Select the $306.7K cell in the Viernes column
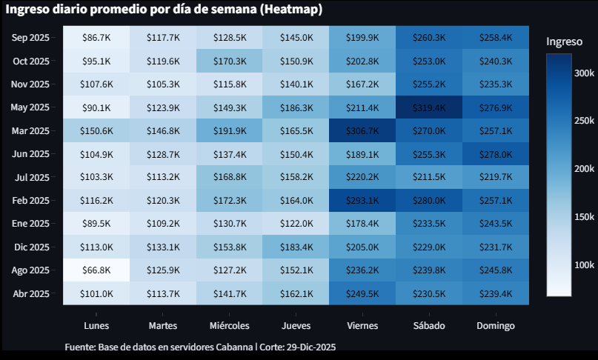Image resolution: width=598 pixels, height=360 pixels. click(362, 131)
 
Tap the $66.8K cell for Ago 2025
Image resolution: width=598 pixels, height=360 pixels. click(96, 270)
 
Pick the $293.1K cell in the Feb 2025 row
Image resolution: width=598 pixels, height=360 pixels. click(362, 200)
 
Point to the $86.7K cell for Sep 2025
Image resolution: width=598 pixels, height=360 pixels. click(96, 37)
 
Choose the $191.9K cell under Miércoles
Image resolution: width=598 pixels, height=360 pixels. click(229, 131)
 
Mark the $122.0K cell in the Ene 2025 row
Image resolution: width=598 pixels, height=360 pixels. click(296, 224)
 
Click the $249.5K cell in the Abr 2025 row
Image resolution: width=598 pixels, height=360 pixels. click(362, 293)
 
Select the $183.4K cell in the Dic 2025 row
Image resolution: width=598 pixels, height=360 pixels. click(296, 247)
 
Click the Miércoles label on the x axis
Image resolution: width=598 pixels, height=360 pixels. click(229, 326)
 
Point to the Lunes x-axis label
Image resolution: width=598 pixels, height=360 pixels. click(96, 326)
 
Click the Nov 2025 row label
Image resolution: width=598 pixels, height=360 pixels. click(31, 84)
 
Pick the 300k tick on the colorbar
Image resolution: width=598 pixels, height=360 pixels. click(585, 73)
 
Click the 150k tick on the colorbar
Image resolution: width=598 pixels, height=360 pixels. click(585, 217)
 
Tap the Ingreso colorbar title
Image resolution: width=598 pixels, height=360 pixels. click(565, 42)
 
